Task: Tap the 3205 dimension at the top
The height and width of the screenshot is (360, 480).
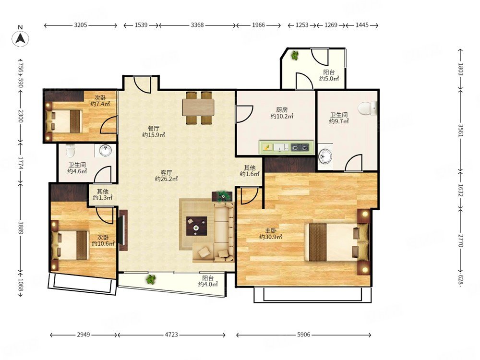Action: (81, 25)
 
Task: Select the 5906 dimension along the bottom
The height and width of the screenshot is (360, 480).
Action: (304, 335)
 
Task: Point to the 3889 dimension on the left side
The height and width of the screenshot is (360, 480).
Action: (21, 228)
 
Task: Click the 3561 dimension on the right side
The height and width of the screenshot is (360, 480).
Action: (461, 130)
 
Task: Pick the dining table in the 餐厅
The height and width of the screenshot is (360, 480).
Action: (198, 108)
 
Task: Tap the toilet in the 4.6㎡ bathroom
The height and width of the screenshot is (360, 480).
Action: (71, 150)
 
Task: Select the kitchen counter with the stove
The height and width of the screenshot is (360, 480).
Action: (287, 147)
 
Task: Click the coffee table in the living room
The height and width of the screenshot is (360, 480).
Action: (196, 226)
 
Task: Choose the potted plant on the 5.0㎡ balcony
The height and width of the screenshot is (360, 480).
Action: (295, 55)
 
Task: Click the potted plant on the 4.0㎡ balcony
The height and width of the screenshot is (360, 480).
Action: (151, 279)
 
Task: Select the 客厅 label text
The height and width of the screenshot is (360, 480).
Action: (166, 173)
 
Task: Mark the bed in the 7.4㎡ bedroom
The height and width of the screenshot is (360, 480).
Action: (64, 121)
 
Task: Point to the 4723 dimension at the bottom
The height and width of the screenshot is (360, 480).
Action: (171, 335)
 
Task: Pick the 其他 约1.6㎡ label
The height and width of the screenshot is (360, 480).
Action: (250, 171)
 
